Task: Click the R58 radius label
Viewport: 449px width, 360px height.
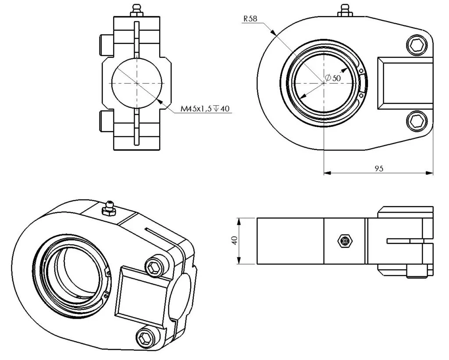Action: point(250,18)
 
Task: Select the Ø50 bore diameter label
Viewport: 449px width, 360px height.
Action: point(333,78)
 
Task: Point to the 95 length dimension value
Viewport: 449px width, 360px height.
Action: point(379,168)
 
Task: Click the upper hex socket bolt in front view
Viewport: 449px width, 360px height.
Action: point(417,45)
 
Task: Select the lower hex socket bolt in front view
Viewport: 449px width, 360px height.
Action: point(417,121)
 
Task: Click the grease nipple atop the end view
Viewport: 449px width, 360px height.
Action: point(137,11)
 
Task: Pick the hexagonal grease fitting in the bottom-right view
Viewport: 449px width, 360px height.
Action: point(345,241)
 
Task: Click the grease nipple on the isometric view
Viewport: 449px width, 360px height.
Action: point(109,209)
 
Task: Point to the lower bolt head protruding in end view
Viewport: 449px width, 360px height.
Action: point(107,122)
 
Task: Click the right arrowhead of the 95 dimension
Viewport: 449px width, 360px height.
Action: point(430,173)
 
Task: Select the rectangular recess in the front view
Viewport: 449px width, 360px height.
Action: point(405,83)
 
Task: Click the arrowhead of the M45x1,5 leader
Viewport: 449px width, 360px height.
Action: point(160,102)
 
